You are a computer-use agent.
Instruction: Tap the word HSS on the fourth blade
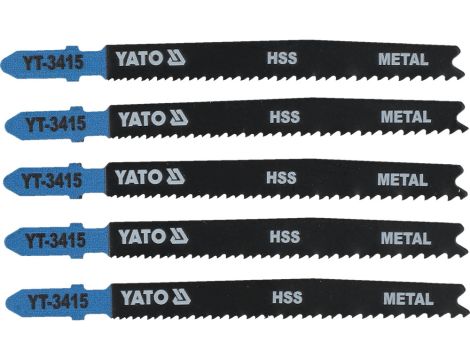283,238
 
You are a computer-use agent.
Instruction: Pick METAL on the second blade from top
405,118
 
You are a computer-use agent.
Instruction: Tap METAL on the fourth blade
405,238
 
